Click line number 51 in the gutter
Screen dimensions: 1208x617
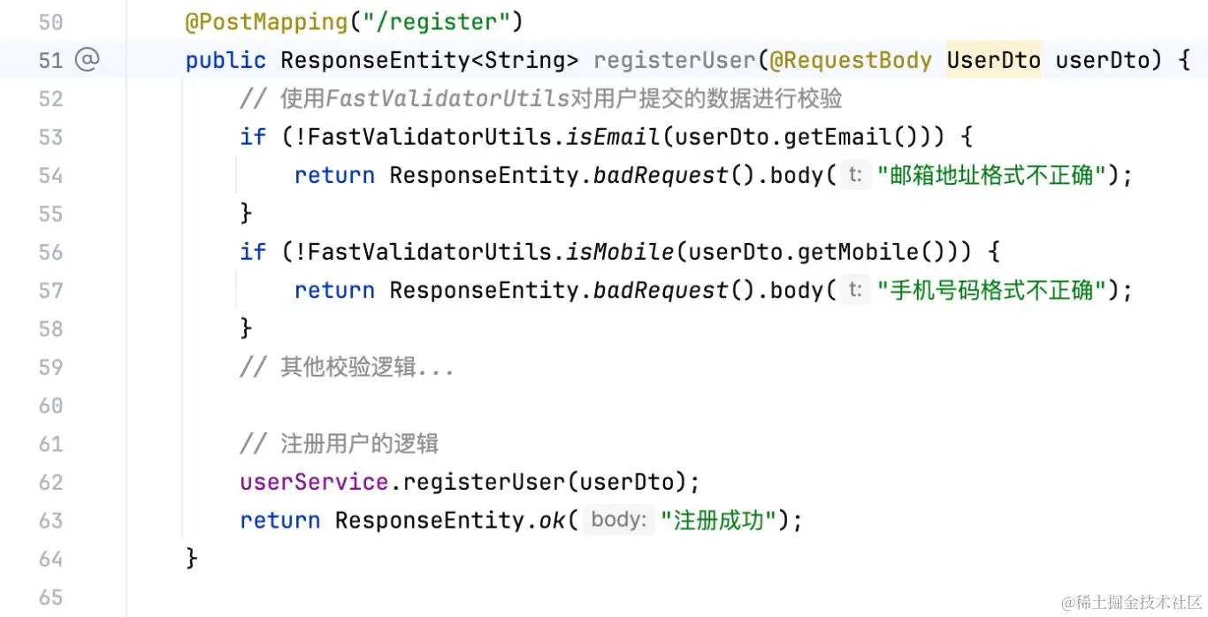pos(50,60)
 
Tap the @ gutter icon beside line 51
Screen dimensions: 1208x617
pos(87,60)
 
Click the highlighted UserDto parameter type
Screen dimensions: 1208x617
pos(993,60)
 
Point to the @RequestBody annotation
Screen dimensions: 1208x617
pos(850,60)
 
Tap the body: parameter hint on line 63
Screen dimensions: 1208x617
pos(619,520)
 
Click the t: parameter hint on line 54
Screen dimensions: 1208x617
pos(855,175)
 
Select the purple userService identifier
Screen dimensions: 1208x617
pos(314,482)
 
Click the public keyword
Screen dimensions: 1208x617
pos(226,60)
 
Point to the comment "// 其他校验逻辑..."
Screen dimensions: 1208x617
pos(347,367)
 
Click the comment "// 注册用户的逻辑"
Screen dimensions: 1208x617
pos(340,444)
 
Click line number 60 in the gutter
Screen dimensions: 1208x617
pos(50,405)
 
